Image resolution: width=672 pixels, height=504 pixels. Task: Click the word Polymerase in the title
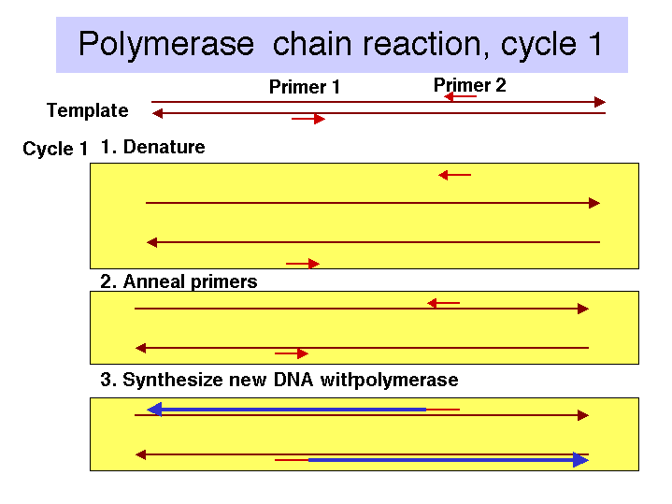click(166, 45)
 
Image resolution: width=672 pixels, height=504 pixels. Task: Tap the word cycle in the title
click(538, 45)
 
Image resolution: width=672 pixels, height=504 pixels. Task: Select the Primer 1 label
click(305, 87)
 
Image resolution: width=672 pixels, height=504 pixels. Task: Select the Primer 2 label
click(470, 85)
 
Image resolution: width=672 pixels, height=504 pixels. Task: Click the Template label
click(88, 110)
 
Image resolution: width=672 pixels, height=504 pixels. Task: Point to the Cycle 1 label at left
click(55, 149)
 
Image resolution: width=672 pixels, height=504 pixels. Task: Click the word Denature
click(164, 147)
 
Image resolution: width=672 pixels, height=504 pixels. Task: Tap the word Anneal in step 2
click(155, 281)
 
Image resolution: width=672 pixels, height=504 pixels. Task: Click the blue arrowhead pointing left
click(154, 410)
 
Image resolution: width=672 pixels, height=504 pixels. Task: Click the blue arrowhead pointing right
click(580, 460)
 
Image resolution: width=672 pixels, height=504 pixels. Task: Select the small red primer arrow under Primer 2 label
click(460, 96)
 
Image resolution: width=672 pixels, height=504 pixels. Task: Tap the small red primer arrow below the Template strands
click(308, 119)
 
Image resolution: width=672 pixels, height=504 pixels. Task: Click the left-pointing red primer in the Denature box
click(455, 175)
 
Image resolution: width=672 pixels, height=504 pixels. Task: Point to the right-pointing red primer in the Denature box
click(303, 264)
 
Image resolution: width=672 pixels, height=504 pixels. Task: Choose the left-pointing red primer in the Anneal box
click(444, 303)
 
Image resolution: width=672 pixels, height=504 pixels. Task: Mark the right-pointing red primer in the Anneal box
click(292, 353)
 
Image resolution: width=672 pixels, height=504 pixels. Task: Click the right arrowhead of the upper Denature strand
click(594, 203)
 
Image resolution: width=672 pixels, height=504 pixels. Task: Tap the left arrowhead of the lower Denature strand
click(152, 242)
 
